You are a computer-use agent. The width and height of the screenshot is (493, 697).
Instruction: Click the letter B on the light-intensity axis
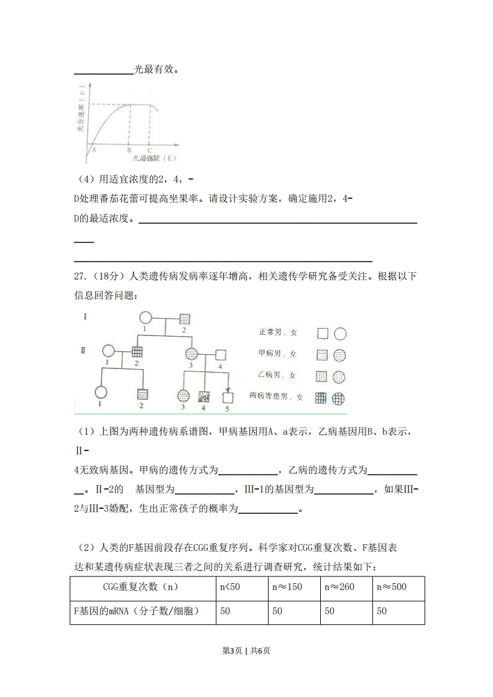point(129,150)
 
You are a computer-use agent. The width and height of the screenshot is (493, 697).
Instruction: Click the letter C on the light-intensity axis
point(149,150)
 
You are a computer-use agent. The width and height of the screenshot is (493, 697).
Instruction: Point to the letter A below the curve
point(93,149)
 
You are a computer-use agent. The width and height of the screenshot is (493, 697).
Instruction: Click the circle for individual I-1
point(145,318)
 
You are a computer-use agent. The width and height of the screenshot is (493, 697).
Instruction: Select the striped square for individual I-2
point(185,319)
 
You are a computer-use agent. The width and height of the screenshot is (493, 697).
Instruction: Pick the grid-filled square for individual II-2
point(137,352)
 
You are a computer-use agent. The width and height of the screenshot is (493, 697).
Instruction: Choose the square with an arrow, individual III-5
point(228,398)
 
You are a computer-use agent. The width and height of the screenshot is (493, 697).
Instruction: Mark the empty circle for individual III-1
point(100,393)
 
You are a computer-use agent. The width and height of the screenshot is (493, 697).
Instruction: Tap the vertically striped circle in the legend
point(339,376)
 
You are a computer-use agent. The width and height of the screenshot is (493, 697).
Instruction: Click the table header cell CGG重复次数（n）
point(142,587)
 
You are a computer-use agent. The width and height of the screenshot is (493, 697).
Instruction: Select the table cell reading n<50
point(242,587)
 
